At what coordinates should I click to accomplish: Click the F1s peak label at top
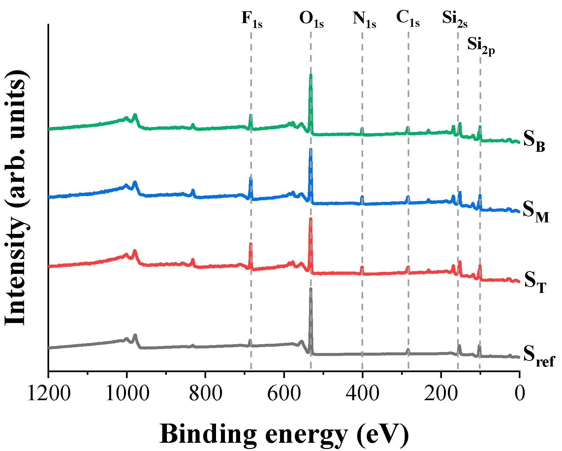pos(252,19)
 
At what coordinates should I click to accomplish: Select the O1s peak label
pos(311,19)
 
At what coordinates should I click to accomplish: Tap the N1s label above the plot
pos(364,19)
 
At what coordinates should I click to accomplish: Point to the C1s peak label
pos(408,18)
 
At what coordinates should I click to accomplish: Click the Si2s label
pos(454,19)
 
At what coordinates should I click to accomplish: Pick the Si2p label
pos(481,45)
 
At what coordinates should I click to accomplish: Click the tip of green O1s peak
pos(311,76)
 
